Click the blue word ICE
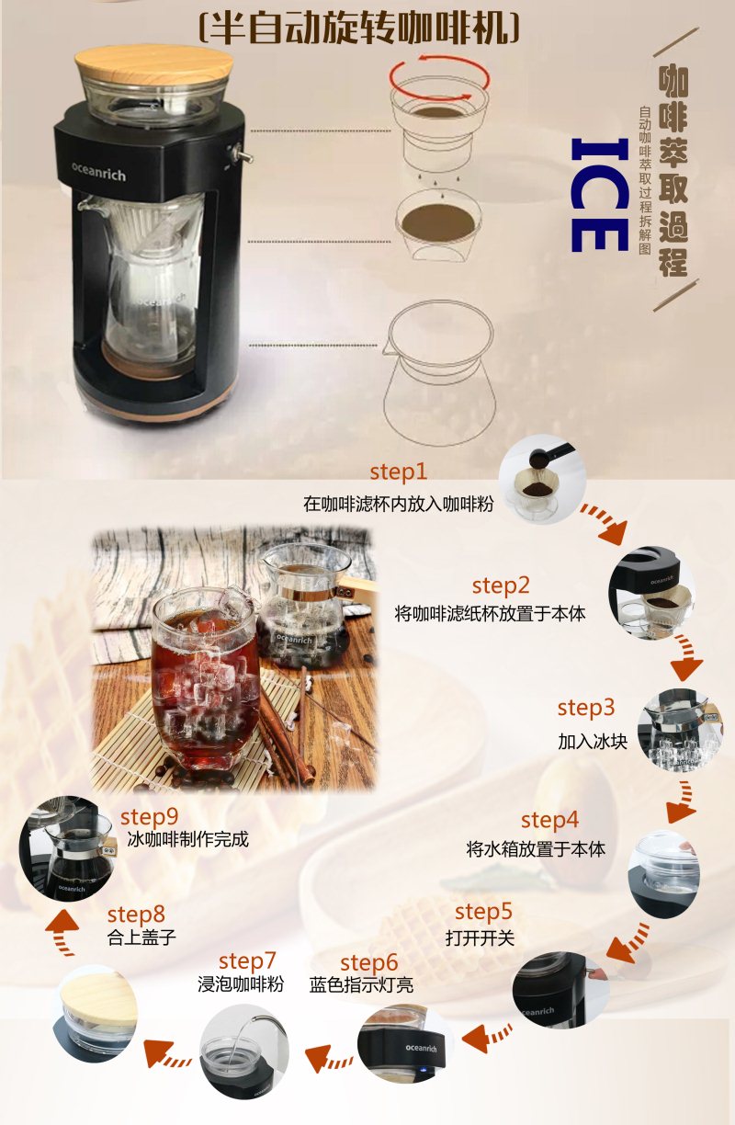600,195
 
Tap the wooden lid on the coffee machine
154,64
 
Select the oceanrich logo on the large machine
98,171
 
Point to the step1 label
398,472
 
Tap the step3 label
586,708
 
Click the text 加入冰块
593,742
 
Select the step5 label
483,912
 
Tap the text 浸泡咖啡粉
241,983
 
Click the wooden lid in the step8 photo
98,999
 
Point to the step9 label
149,817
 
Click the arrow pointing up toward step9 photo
62,929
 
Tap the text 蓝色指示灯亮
361,985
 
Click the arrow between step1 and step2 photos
605,523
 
